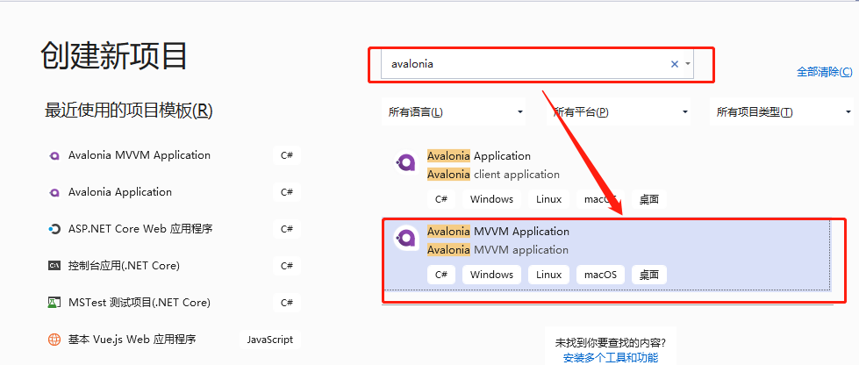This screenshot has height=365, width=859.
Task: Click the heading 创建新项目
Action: [x=114, y=54]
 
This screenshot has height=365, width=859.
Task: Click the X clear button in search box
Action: [x=675, y=64]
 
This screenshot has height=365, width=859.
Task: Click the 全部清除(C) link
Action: [x=823, y=72]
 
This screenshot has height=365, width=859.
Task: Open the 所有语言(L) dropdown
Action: [x=455, y=112]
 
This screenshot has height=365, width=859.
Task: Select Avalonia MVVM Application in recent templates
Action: [x=140, y=155]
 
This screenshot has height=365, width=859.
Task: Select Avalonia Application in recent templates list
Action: [x=120, y=192]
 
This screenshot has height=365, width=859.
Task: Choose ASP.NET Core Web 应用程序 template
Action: [x=140, y=229]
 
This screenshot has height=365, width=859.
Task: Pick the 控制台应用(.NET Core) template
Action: [x=124, y=266]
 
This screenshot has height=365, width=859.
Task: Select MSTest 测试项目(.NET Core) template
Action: [x=140, y=303]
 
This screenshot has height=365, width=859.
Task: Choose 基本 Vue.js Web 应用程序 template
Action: [x=132, y=340]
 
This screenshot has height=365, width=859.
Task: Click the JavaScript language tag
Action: [x=270, y=340]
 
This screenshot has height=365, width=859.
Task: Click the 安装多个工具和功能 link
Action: [x=611, y=357]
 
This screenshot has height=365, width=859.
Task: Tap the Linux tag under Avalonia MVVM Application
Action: [x=548, y=275]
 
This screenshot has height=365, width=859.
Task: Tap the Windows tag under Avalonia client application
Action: [x=491, y=199]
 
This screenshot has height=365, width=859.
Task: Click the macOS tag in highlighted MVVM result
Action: [x=601, y=275]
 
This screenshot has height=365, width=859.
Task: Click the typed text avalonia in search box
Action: [x=412, y=64]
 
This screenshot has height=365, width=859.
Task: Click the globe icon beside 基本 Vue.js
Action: [x=54, y=340]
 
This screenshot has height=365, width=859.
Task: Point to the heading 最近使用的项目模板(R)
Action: [x=128, y=111]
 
